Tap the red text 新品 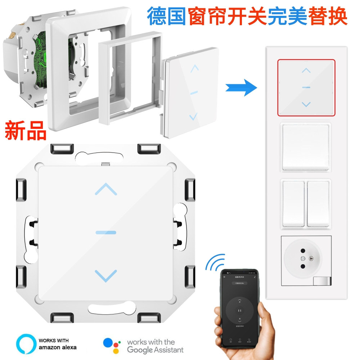(26, 130)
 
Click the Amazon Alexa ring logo (26, 344)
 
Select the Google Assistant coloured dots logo (111, 345)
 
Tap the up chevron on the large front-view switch (106, 189)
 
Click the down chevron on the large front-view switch (106, 275)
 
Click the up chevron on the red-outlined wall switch (306, 71)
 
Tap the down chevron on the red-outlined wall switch (306, 105)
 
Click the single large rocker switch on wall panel (306, 147)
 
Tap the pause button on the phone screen (239, 311)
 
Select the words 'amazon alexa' (57, 347)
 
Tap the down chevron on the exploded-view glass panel (193, 116)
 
